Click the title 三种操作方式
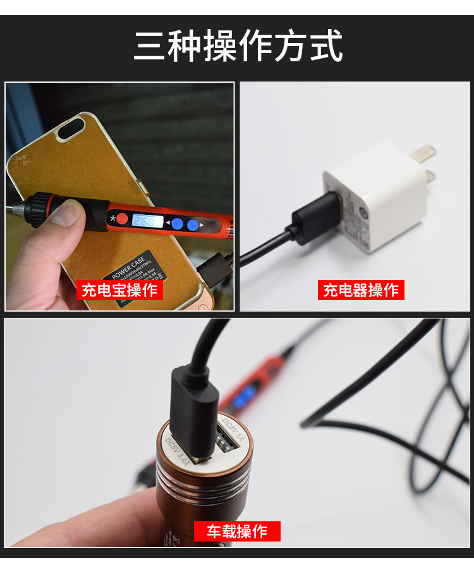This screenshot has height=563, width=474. [238, 45]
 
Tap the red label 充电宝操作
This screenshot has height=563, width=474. [119, 290]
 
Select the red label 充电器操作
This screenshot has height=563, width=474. [361, 290]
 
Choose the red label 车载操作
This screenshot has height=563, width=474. [237, 531]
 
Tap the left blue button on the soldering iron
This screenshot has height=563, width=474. [178, 223]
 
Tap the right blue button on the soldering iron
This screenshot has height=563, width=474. [193, 224]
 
